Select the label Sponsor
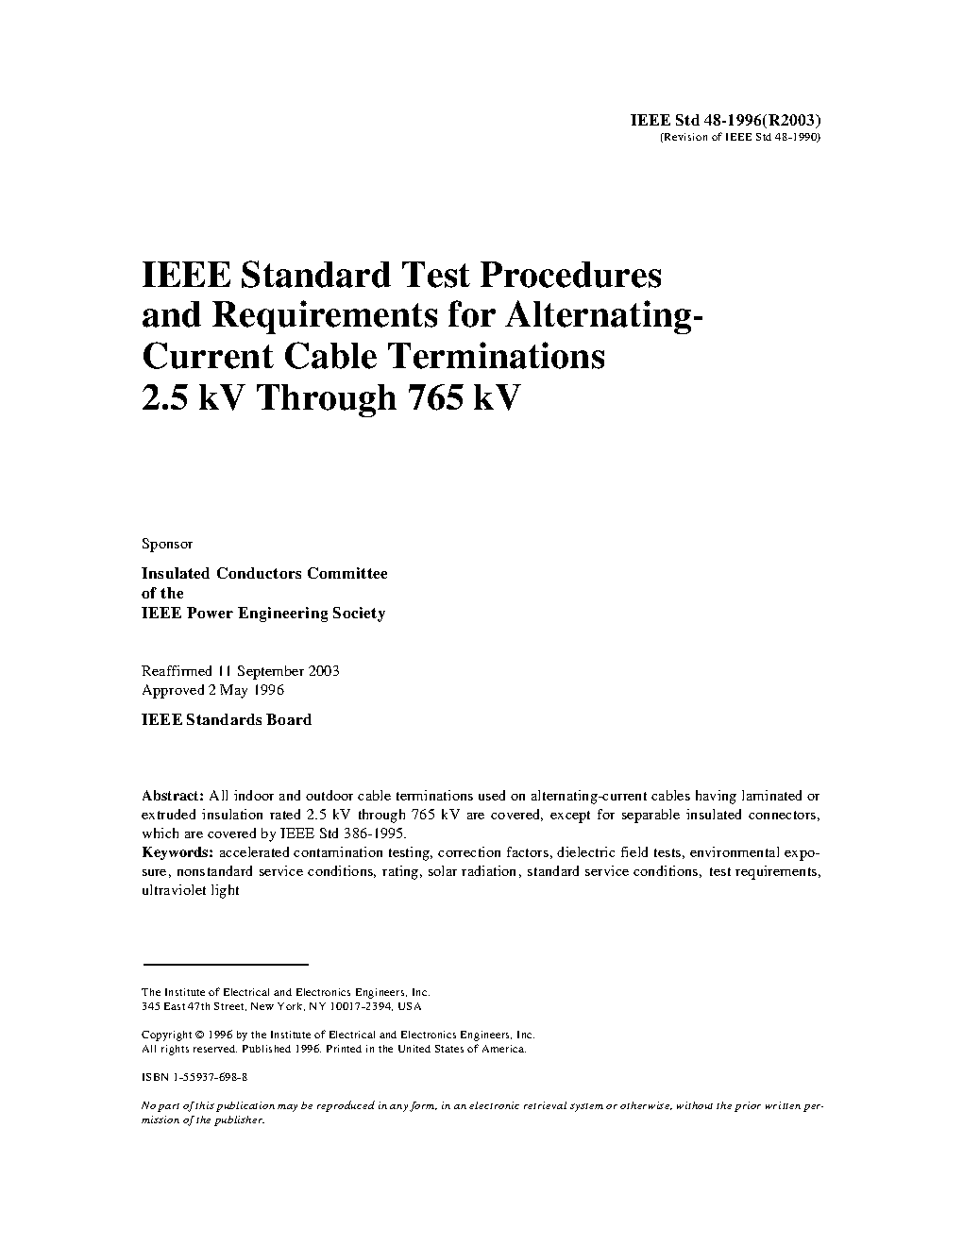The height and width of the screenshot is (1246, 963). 167,544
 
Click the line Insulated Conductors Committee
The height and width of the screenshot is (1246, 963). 264,573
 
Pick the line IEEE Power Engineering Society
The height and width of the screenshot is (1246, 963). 263,614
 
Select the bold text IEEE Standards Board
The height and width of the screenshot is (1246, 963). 227,719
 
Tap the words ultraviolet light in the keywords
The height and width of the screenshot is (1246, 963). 191,890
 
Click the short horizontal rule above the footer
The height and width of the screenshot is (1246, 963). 226,965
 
